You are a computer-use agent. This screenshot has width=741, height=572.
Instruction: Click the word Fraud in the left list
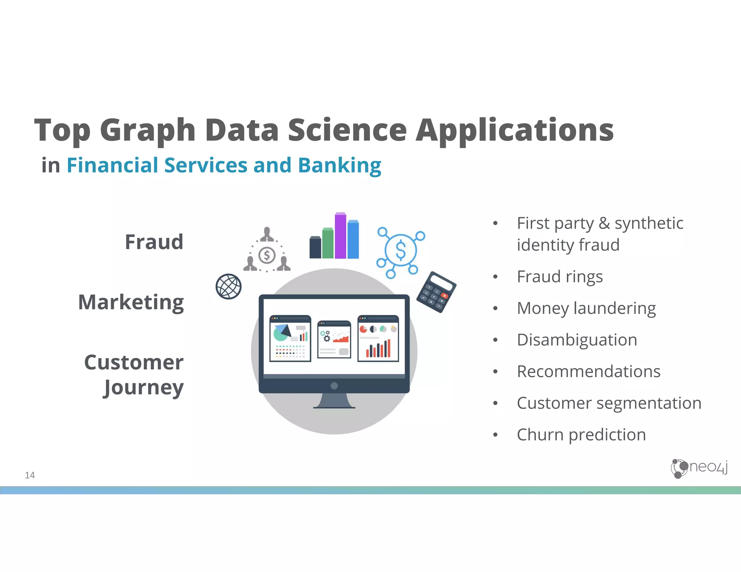pyautogui.click(x=154, y=242)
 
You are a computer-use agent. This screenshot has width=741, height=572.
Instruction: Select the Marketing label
pyautogui.click(x=131, y=302)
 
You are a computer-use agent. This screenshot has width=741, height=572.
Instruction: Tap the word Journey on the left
pyautogui.click(x=144, y=388)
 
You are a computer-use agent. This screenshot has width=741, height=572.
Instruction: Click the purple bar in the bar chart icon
pyautogui.click(x=340, y=236)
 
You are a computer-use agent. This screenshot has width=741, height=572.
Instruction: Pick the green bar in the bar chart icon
pyautogui.click(x=328, y=243)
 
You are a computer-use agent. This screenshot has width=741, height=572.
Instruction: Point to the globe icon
pyautogui.click(x=229, y=286)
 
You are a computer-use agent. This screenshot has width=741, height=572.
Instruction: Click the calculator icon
pyautogui.click(x=436, y=292)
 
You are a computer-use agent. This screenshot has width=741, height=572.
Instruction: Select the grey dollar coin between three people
pyautogui.click(x=267, y=255)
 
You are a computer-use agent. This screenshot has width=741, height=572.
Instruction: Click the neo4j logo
pyautogui.click(x=699, y=468)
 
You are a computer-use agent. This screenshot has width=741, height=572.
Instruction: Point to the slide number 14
pyautogui.click(x=30, y=475)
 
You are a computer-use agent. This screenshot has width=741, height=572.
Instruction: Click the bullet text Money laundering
pyautogui.click(x=586, y=308)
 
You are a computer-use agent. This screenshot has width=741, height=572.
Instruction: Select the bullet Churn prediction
pyautogui.click(x=581, y=435)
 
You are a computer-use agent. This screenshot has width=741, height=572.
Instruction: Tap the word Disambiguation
pyautogui.click(x=577, y=340)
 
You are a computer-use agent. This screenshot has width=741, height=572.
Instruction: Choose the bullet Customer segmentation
pyautogui.click(x=609, y=403)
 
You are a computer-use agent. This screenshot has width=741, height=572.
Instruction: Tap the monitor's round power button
pyautogui.click(x=334, y=386)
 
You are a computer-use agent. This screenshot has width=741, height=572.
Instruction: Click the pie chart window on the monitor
pyautogui.click(x=290, y=338)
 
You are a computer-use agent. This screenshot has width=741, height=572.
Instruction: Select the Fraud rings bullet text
pyautogui.click(x=560, y=277)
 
